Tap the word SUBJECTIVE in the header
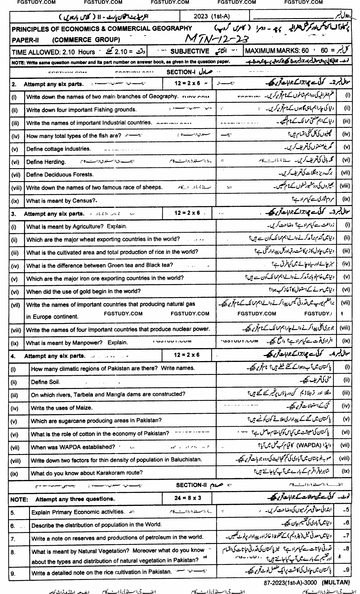(190, 51)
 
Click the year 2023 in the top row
(201, 16)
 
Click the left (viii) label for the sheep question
(16, 188)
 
